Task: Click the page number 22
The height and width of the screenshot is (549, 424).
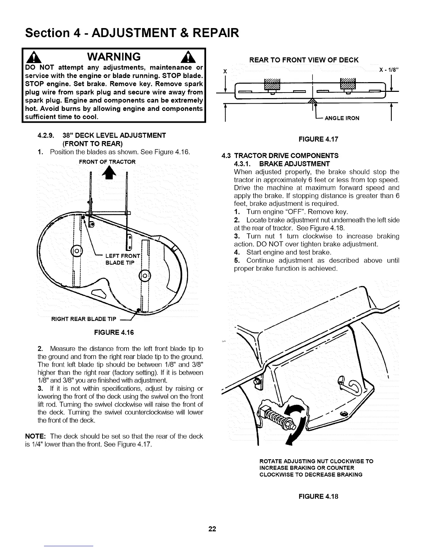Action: coord(212,529)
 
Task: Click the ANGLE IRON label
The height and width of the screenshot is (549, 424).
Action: coord(342,118)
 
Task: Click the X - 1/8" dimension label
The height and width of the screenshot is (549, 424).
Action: coord(389,69)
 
